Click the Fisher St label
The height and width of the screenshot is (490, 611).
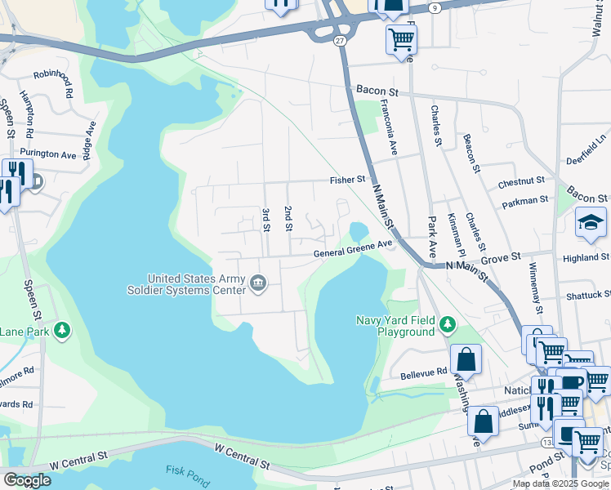tap(347, 179)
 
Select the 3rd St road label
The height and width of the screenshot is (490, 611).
tap(266, 219)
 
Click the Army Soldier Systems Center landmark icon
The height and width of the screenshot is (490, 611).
tap(258, 283)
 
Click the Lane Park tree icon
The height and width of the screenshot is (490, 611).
tap(62, 331)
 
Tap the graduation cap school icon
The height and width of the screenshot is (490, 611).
tap(590, 221)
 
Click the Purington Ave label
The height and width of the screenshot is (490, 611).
tap(48, 154)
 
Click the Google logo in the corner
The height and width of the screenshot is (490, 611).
tap(26, 479)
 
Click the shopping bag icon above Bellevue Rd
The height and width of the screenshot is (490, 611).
tap(465, 358)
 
